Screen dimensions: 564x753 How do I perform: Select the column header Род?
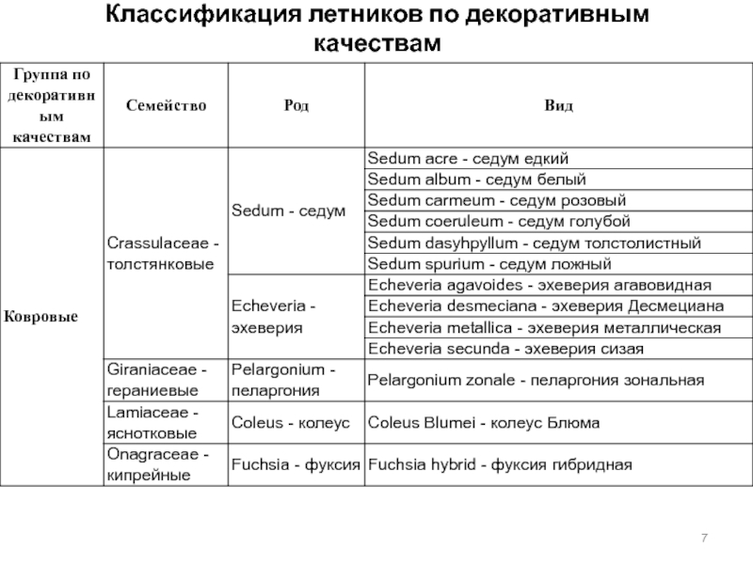[x=295, y=106]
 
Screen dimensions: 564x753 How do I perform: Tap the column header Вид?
[x=556, y=106]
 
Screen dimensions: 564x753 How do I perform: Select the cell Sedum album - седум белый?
[x=476, y=179]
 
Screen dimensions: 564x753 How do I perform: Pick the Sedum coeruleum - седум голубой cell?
[x=498, y=221]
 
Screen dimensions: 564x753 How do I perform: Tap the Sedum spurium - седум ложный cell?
[x=489, y=264]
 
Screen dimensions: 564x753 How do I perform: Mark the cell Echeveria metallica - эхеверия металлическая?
[x=544, y=327]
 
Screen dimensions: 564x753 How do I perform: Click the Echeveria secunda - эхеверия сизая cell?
[x=505, y=349]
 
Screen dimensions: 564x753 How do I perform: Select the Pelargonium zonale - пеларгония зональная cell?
[x=536, y=380]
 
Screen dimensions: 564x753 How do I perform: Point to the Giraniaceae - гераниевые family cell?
[x=166, y=380]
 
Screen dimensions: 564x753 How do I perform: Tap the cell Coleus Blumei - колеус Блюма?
[x=483, y=423]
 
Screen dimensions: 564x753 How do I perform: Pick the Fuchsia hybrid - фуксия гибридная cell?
[x=499, y=464]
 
